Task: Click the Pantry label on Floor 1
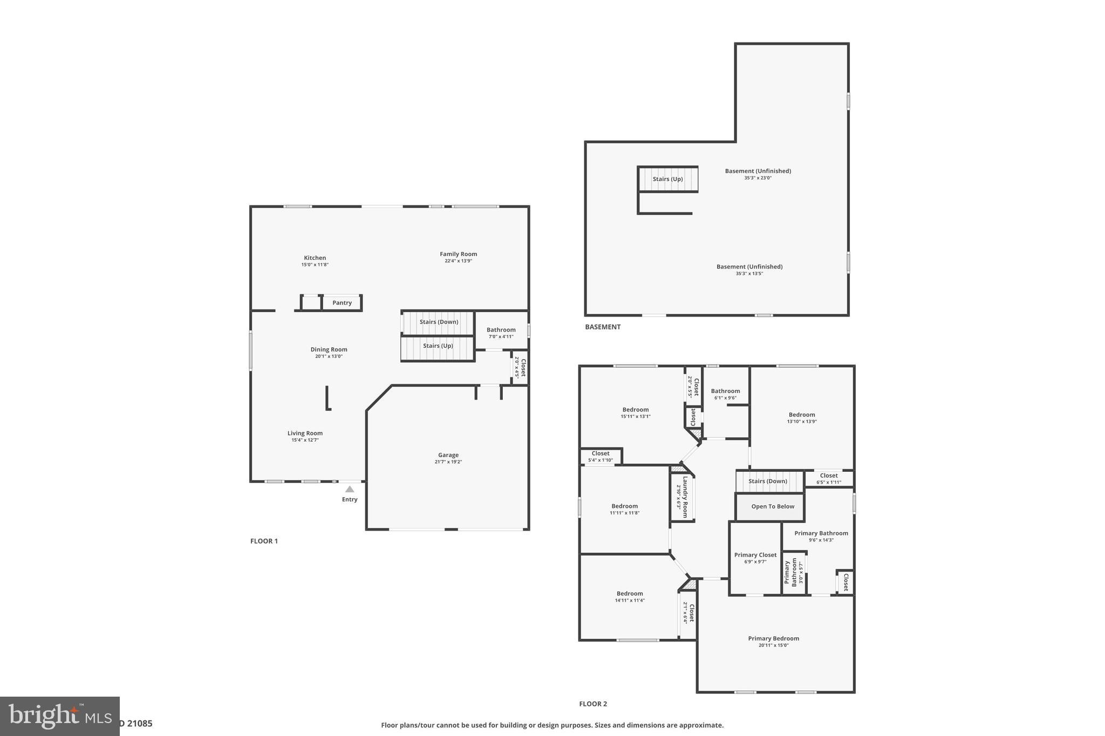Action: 342,303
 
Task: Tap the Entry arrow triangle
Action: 350,489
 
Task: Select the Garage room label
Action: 448,455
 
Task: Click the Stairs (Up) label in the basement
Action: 667,179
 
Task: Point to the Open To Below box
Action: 772,506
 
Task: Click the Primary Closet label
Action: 755,555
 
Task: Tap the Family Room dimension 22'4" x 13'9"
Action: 458,261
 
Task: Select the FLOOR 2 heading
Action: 592,704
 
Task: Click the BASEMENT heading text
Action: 603,327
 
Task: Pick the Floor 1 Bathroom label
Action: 501,330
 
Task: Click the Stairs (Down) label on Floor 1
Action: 439,322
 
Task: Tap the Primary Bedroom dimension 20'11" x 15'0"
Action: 773,645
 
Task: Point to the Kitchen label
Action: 315,258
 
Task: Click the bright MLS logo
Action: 59,716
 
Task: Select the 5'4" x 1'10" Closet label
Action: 600,453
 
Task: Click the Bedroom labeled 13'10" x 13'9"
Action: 801,415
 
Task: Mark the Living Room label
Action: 305,433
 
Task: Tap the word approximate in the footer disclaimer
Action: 702,725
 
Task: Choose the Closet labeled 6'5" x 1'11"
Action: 828,476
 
